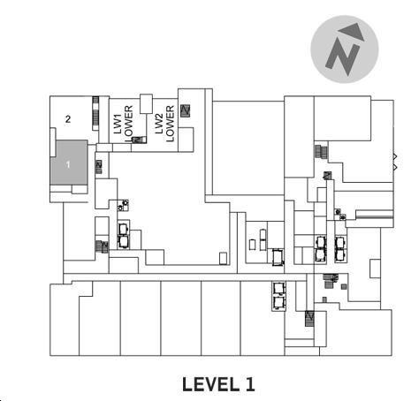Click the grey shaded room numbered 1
[70, 163]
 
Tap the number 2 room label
[68, 119]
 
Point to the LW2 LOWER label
[164, 124]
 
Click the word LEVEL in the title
[210, 384]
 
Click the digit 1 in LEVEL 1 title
[250, 384]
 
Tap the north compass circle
[345, 49]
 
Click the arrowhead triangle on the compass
[352, 32]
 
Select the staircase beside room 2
[95, 113]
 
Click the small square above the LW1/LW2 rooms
[146, 103]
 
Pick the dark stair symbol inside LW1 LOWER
[139, 140]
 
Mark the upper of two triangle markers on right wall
[395, 156]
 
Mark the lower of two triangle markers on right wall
[395, 167]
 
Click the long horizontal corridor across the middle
[185, 277]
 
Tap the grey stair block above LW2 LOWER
[186, 111]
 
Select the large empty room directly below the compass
[248, 148]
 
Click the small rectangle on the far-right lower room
[375, 269]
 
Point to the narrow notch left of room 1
[53, 142]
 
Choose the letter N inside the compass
[343, 57]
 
